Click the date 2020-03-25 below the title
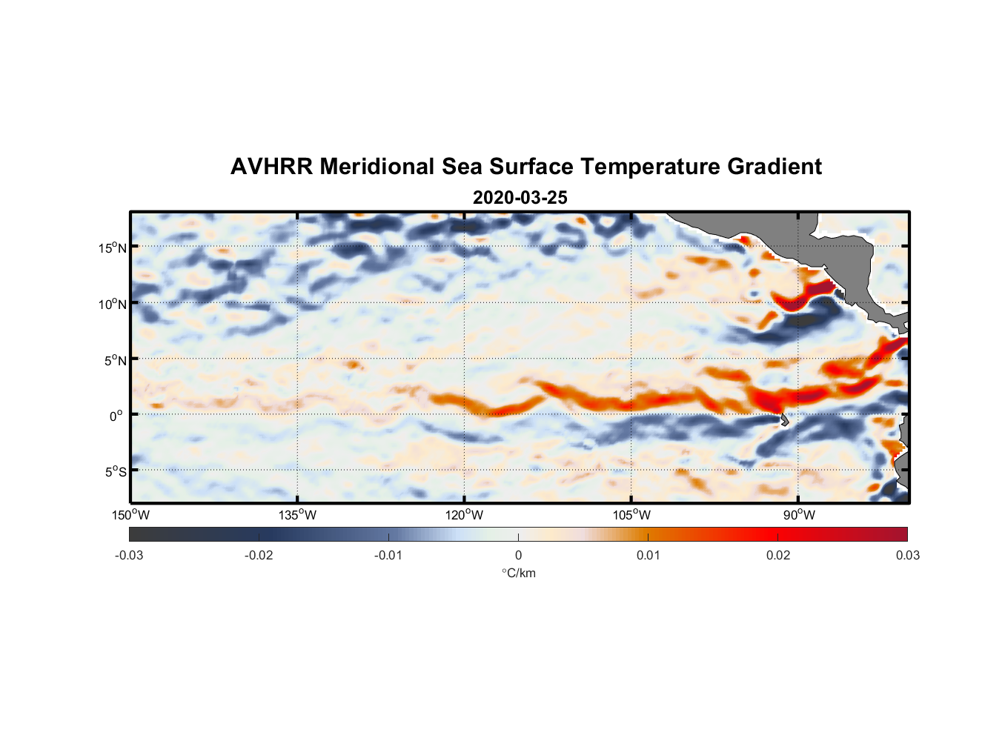point(520,198)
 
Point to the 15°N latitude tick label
point(113,247)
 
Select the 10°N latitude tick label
point(113,304)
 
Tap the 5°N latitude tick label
point(115,360)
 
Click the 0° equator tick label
point(116,416)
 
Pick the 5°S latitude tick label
point(115,471)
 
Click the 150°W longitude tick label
point(131,515)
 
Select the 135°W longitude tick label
point(298,515)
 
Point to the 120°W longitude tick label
point(465,515)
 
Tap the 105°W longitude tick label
point(631,515)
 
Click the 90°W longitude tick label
point(799,515)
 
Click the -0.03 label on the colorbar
point(129,555)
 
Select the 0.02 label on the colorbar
point(778,555)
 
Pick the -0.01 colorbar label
point(388,555)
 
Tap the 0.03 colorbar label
point(907,555)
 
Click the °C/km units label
point(519,573)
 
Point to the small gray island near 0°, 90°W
point(784,419)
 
